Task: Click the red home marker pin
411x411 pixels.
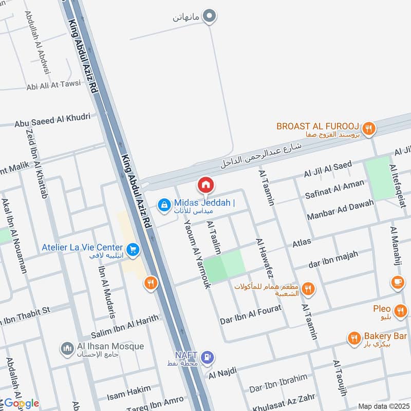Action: click(x=206, y=184)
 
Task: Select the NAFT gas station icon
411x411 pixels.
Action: click(x=207, y=357)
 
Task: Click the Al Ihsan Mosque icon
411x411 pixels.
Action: click(x=67, y=349)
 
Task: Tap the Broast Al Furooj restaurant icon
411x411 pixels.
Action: click(x=368, y=128)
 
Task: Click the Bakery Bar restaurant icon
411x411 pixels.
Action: click(x=353, y=338)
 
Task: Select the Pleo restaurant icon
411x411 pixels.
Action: click(x=401, y=310)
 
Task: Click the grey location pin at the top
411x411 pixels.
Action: click(x=209, y=17)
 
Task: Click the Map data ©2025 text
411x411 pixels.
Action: click(x=382, y=406)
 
